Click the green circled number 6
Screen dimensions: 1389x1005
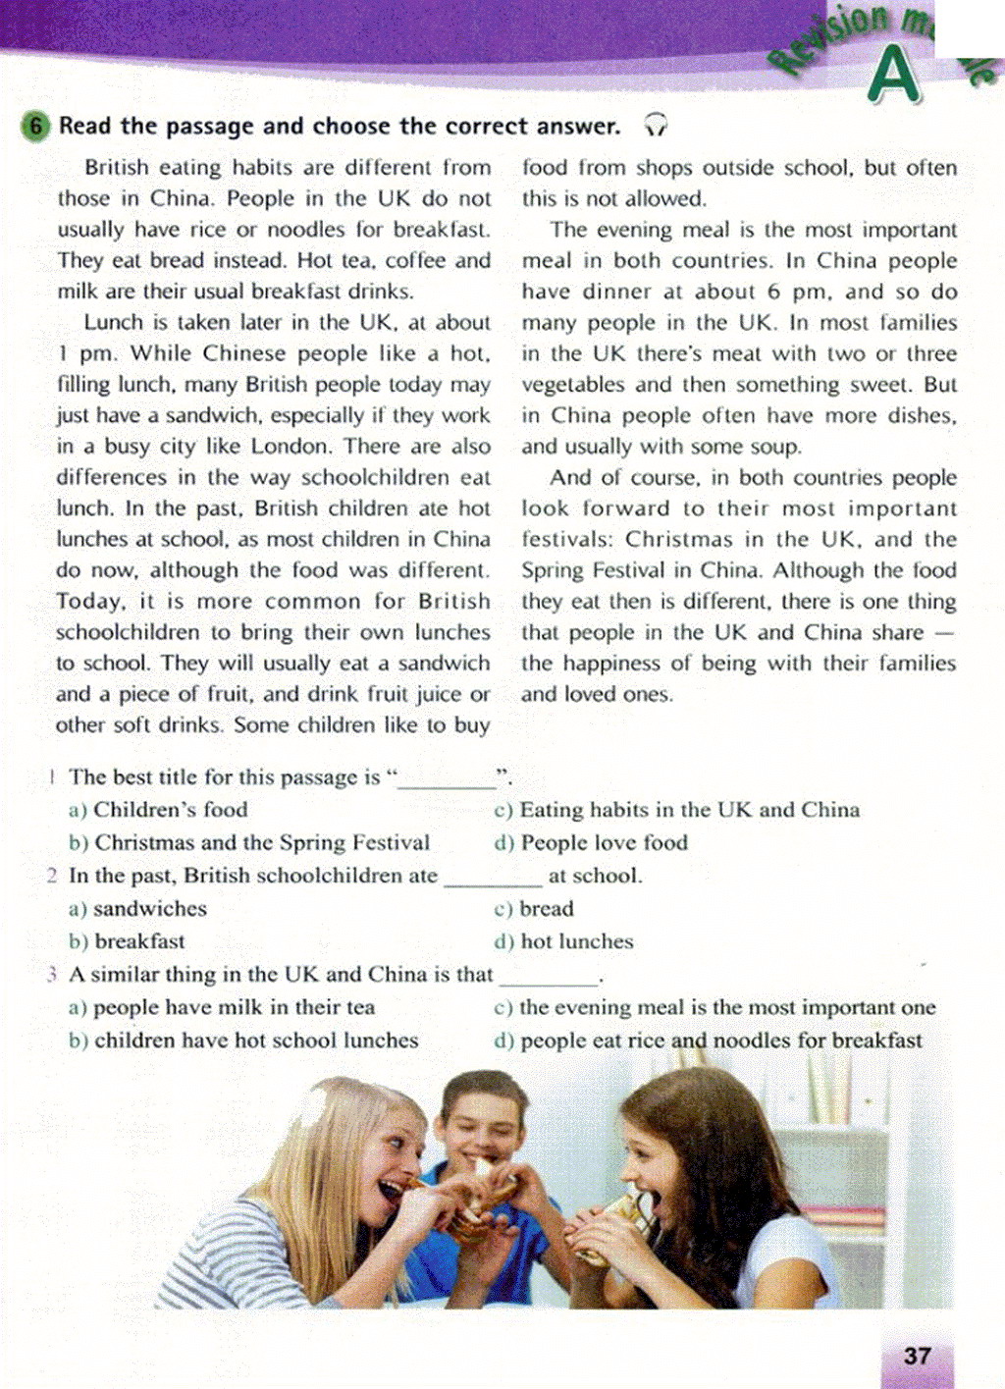click(x=34, y=127)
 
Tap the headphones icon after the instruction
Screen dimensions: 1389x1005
click(x=656, y=125)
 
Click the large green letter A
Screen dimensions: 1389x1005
click(x=894, y=77)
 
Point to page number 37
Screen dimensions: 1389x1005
click(x=917, y=1356)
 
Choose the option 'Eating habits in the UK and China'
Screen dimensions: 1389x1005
click(x=689, y=810)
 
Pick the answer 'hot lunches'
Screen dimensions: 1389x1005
click(x=576, y=941)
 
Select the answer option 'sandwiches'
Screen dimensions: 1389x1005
click(x=149, y=909)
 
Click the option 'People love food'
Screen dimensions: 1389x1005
click(x=604, y=843)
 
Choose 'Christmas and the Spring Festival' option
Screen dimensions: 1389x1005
click(x=261, y=843)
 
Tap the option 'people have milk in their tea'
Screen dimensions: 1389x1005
click(x=234, y=1007)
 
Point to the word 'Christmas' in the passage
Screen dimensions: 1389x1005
click(x=679, y=539)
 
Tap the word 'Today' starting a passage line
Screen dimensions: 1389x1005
click(x=89, y=601)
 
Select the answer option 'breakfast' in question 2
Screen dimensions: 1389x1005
click(x=139, y=941)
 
